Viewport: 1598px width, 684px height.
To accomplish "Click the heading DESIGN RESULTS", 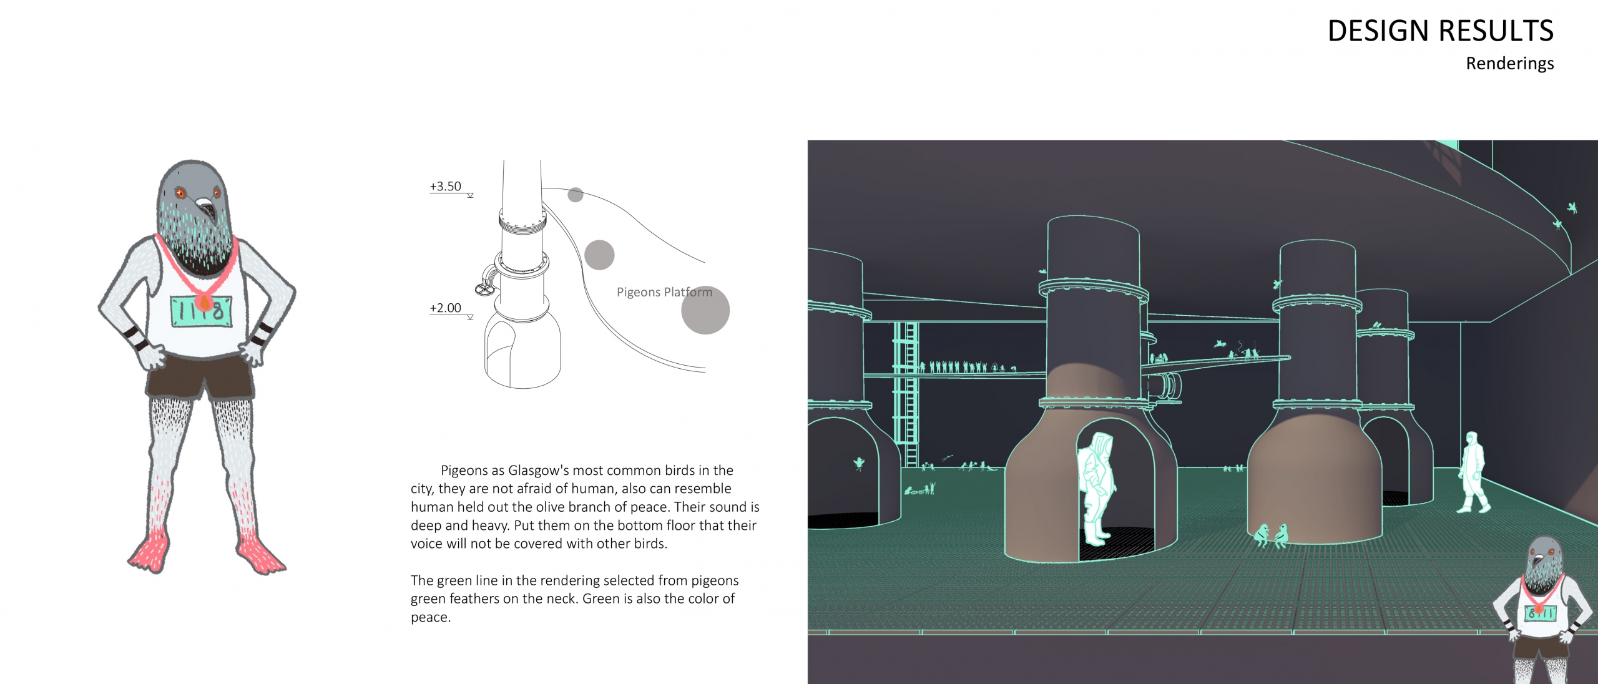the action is pyautogui.click(x=1440, y=31).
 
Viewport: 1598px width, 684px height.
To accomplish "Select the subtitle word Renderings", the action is pyautogui.click(x=1510, y=64).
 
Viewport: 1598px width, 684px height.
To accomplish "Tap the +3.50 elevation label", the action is pyautogui.click(x=445, y=186).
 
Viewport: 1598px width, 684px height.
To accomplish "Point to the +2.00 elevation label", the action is pyautogui.click(x=445, y=308).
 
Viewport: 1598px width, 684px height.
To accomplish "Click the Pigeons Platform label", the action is pyautogui.click(x=664, y=292).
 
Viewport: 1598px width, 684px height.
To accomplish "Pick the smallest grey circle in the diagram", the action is pyautogui.click(x=576, y=195).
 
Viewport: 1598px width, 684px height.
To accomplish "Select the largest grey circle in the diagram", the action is pyautogui.click(x=705, y=310).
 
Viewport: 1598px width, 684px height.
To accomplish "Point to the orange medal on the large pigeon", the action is pyautogui.click(x=203, y=303).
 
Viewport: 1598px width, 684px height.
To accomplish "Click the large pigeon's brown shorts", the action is pyautogui.click(x=200, y=376).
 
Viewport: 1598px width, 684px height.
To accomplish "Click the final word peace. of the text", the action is pyautogui.click(x=430, y=617).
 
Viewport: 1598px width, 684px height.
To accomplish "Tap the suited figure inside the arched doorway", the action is pyautogui.click(x=1097, y=491).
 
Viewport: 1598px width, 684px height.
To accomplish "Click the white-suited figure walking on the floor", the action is pyautogui.click(x=1473, y=472).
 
